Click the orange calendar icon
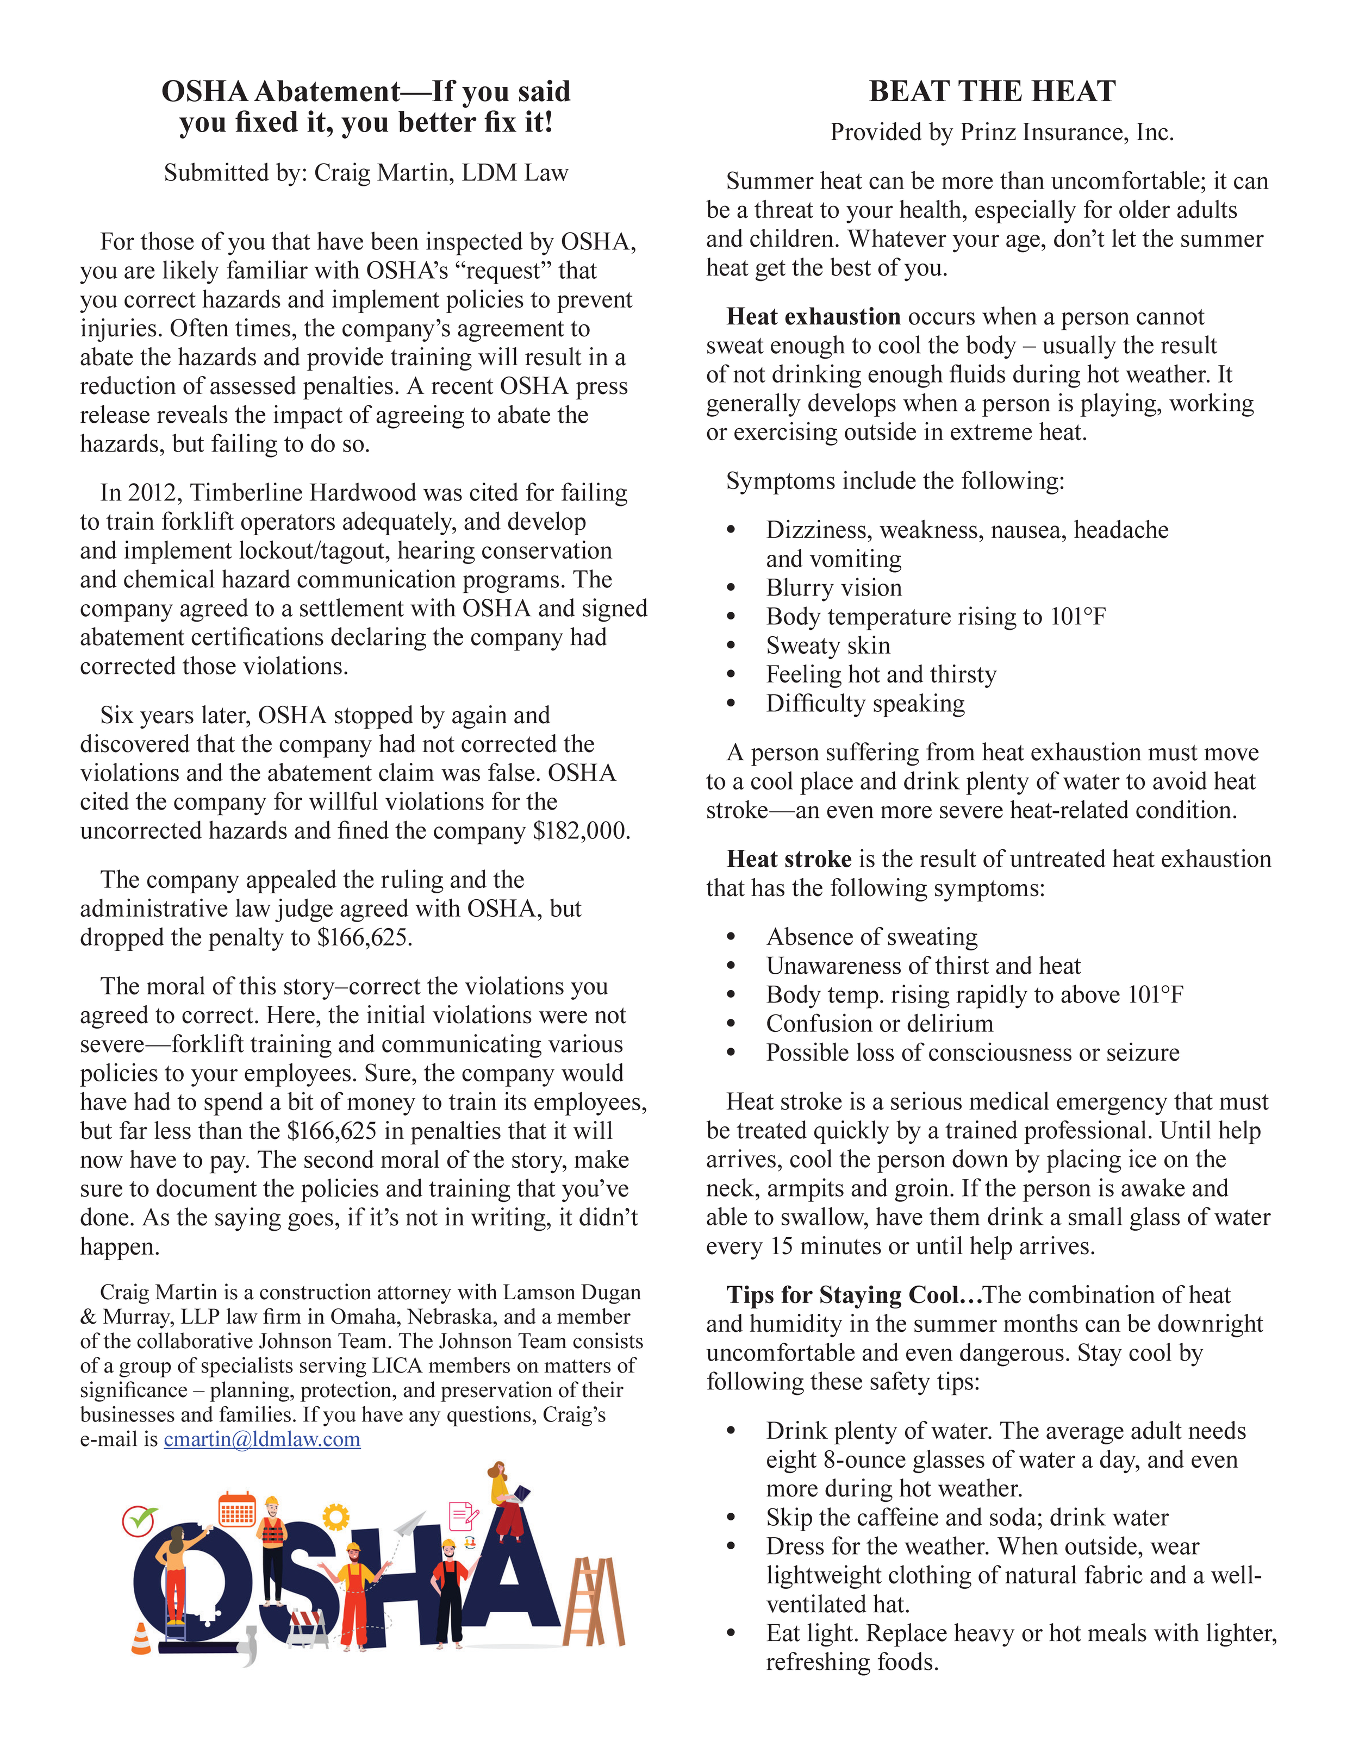click(237, 1511)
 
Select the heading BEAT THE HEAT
click(992, 91)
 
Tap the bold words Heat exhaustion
click(813, 317)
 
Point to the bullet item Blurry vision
click(833, 587)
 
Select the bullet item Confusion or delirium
click(880, 1023)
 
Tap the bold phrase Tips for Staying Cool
click(853, 1295)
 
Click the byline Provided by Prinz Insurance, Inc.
click(1002, 132)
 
